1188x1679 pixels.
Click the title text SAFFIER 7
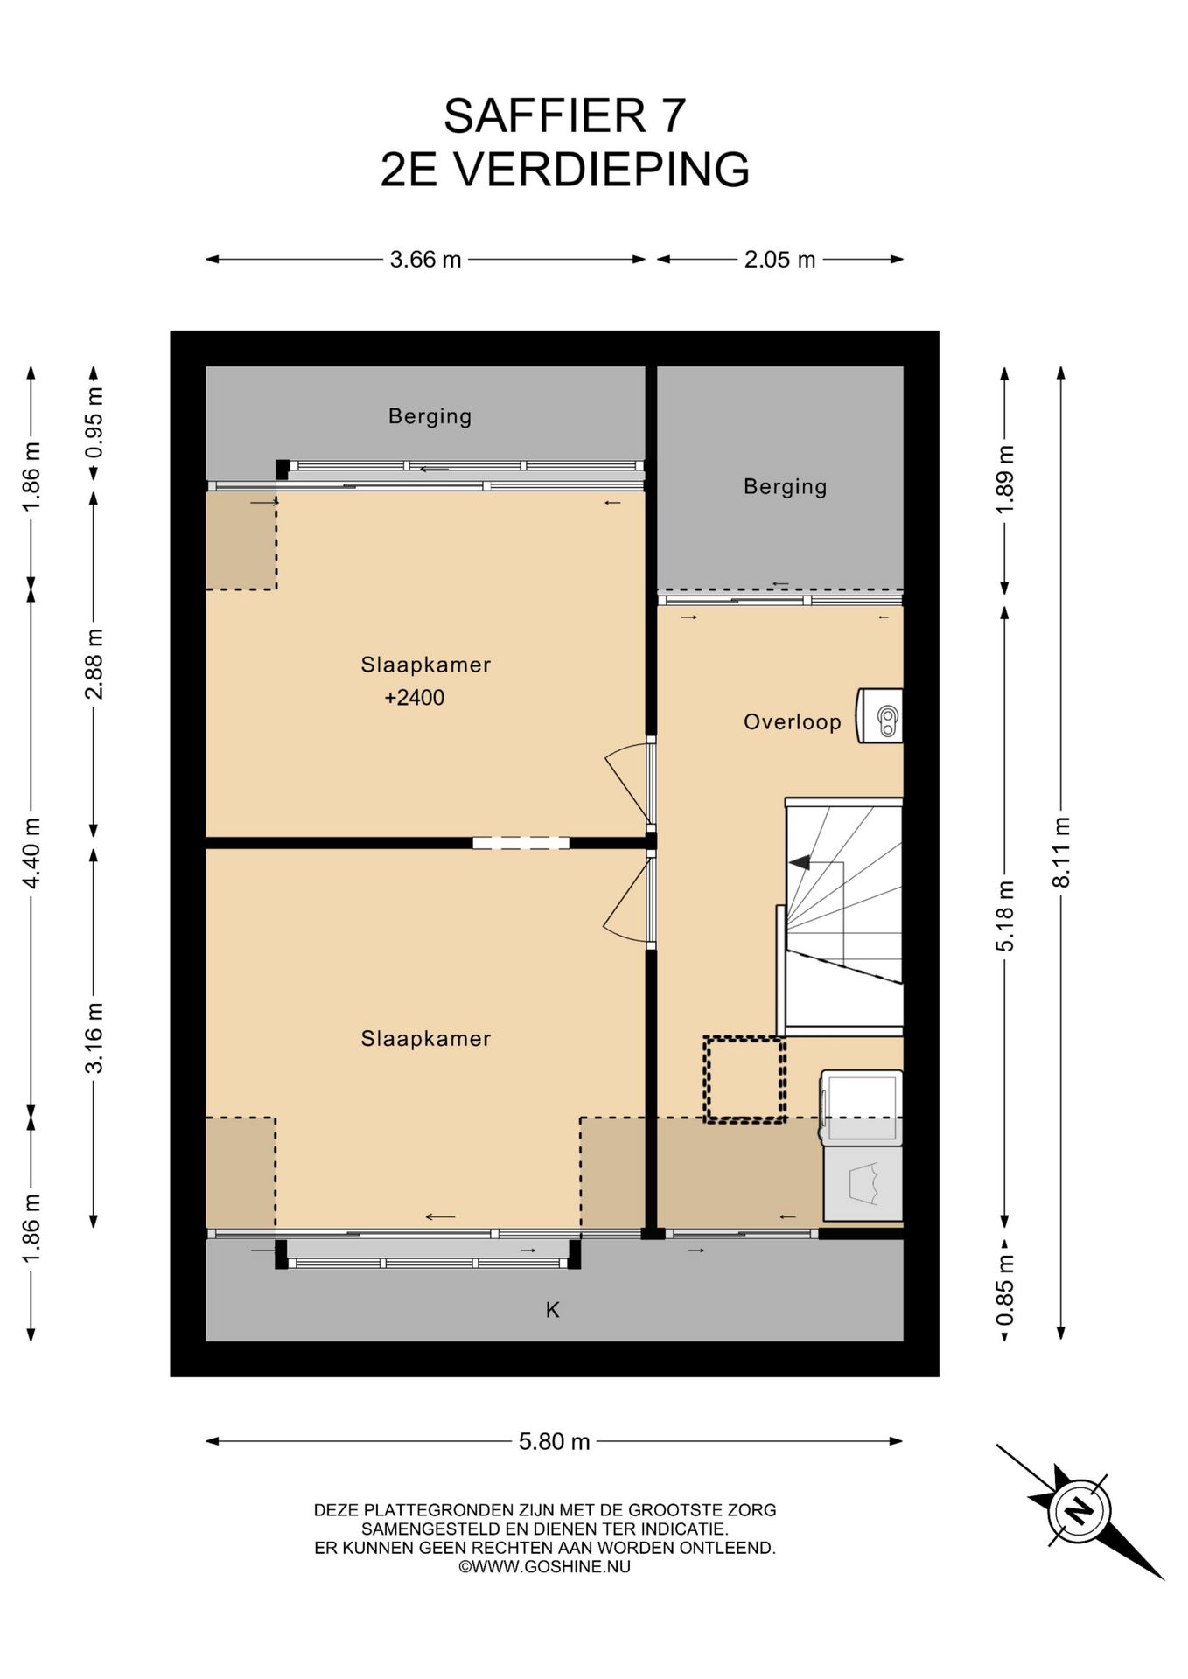click(564, 115)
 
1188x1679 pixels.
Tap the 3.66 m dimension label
click(425, 260)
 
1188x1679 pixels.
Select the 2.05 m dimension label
click(779, 260)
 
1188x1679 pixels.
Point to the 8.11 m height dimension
click(1061, 852)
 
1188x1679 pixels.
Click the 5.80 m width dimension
click(554, 1441)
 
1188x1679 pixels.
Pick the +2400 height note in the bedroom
click(414, 698)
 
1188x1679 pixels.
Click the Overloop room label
click(792, 722)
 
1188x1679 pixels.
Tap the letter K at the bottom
click(553, 1309)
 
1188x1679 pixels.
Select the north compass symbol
click(1080, 1510)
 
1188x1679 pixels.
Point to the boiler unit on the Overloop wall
click(879, 716)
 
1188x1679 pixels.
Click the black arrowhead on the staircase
click(799, 863)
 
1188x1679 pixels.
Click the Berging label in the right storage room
click(785, 487)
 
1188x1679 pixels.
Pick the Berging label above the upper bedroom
click(430, 416)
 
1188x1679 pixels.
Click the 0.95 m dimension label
click(94, 423)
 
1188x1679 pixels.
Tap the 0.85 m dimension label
click(1005, 1290)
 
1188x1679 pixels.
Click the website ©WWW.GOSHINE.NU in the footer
click(544, 1567)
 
